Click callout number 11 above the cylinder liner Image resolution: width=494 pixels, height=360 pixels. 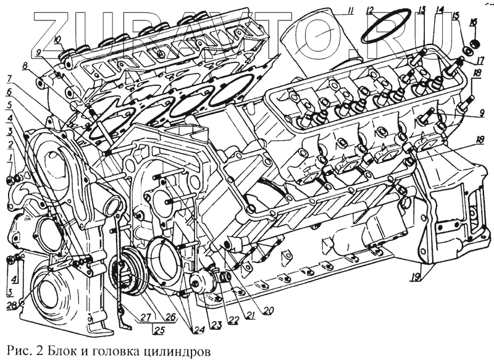350,10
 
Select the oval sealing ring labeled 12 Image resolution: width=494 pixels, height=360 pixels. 387,26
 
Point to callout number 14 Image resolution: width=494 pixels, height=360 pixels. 440,9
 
